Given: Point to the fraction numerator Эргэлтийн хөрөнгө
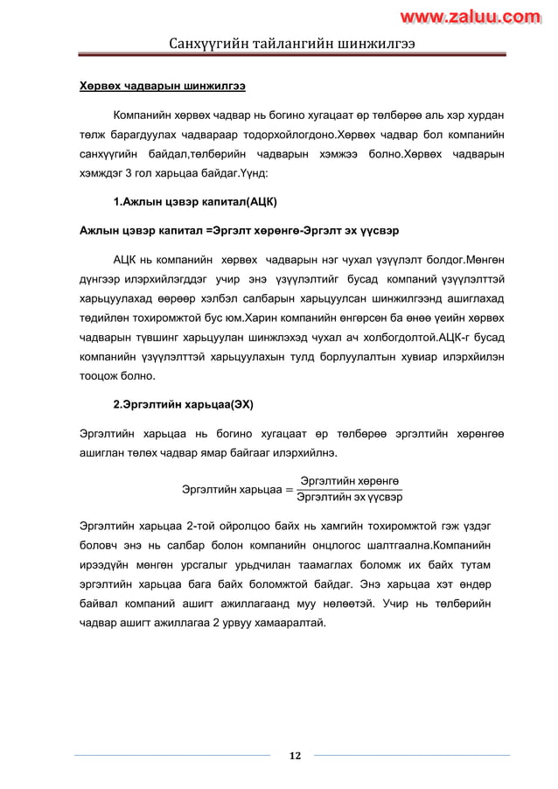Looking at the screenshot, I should [x=349, y=480].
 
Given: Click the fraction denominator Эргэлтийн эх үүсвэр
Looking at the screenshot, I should [x=349, y=497].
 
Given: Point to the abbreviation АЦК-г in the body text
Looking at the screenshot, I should [x=437, y=338].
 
